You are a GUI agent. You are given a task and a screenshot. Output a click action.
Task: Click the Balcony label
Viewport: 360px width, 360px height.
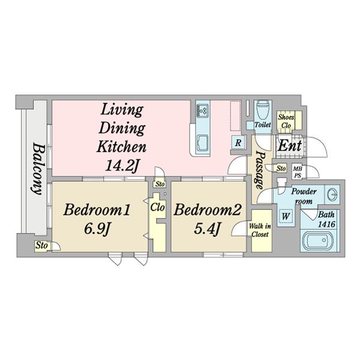click(x=36, y=170)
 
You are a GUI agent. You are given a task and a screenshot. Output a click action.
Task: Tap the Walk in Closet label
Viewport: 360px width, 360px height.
click(x=260, y=230)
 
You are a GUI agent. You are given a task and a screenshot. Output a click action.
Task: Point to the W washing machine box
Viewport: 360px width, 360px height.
click(x=286, y=215)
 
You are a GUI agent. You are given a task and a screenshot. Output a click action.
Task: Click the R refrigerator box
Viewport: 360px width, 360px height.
click(x=238, y=143)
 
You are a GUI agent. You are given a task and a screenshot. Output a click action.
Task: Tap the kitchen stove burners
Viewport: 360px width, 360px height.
click(x=202, y=110)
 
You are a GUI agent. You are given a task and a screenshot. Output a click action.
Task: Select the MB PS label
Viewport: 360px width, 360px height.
click(x=296, y=172)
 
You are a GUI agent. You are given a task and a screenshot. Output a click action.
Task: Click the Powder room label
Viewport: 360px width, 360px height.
click(x=304, y=196)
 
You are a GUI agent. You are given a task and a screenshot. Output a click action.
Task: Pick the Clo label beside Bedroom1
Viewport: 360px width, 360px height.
click(x=158, y=208)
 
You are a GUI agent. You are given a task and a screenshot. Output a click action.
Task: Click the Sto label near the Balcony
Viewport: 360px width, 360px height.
click(x=41, y=245)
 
